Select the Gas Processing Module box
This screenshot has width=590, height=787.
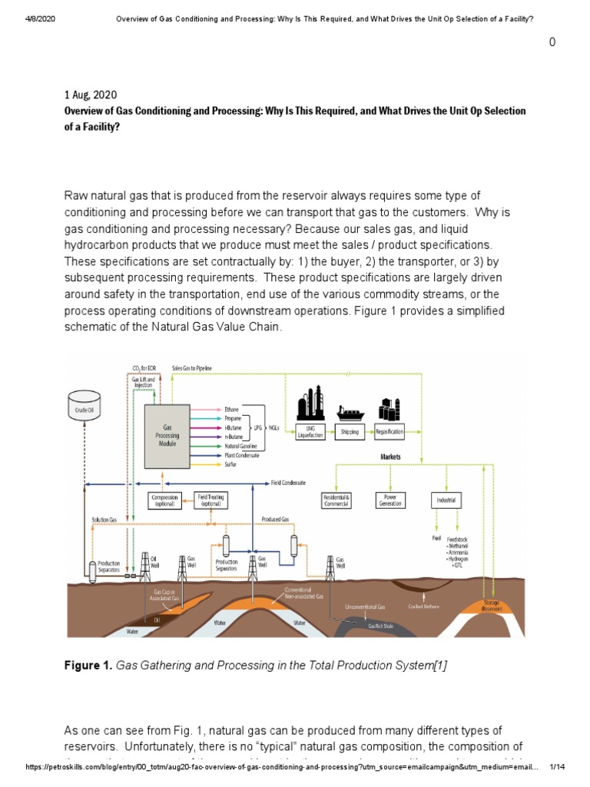point(167,434)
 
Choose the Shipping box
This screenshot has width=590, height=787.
point(350,432)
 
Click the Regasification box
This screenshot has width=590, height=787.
point(389,432)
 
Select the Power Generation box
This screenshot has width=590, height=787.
point(389,500)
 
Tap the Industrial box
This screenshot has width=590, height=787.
point(446,500)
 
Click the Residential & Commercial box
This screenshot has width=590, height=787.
point(336,500)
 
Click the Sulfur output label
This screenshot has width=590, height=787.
point(230,465)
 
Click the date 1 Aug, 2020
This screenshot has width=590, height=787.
point(91,95)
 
